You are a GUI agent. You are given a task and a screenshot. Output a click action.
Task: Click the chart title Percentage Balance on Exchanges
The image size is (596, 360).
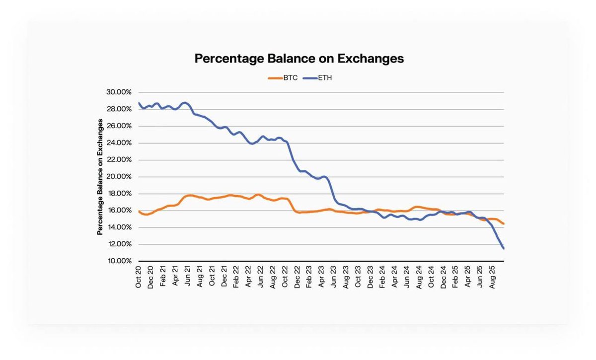pyautogui.click(x=299, y=59)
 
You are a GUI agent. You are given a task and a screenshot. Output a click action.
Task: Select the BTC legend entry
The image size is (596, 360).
pyautogui.click(x=283, y=78)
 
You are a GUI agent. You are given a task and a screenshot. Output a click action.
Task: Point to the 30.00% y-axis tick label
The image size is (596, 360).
pyautogui.click(x=118, y=92)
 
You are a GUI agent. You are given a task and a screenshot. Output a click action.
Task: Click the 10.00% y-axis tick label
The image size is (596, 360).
pyautogui.click(x=118, y=261)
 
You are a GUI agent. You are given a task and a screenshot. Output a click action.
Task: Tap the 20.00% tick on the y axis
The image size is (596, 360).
pyautogui.click(x=118, y=177)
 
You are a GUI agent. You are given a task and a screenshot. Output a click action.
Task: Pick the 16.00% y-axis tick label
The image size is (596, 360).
pyautogui.click(x=118, y=211)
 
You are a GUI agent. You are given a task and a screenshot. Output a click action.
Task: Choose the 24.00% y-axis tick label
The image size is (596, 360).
pyautogui.click(x=118, y=143)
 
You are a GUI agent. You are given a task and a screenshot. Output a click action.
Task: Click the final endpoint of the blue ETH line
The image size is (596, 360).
pyautogui.click(x=504, y=248)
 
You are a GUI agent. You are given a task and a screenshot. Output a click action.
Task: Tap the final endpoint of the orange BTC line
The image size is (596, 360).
pyautogui.click(x=504, y=224)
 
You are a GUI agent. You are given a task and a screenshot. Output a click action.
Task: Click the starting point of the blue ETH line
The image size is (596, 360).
pyautogui.click(x=139, y=103)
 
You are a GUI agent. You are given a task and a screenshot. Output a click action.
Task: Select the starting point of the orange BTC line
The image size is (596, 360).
pyautogui.click(x=139, y=212)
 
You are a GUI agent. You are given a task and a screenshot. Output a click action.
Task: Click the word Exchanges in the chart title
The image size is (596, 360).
pyautogui.click(x=371, y=59)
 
